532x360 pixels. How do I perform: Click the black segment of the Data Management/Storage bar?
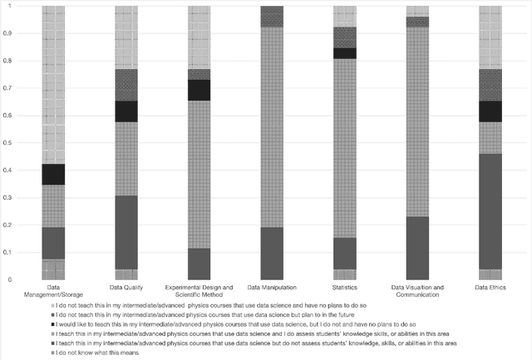pos(53,175)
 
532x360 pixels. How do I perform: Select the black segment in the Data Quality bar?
pos(126,111)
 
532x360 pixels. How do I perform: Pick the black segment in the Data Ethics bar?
pos(490,111)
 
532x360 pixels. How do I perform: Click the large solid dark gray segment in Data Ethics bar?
pos(490,211)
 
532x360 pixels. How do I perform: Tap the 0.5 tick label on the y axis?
pos(9,143)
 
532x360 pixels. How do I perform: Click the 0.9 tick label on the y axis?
pos(9,33)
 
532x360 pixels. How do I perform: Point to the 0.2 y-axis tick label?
pos(9,225)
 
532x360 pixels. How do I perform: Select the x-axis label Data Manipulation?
pos(272,288)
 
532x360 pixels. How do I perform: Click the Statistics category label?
pos(344,288)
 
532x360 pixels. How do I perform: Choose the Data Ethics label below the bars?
pos(490,288)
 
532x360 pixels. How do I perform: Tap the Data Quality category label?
pos(126,288)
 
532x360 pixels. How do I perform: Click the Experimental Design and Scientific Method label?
pos(199,291)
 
